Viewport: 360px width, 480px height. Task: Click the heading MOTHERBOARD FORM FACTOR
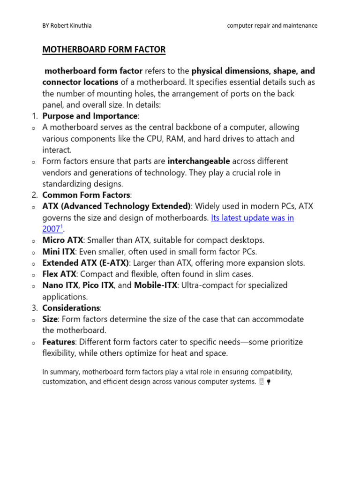point(104,49)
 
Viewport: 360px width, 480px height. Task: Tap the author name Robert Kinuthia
point(72,26)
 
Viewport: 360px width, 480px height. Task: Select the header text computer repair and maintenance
point(272,26)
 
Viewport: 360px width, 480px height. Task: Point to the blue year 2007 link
point(52,229)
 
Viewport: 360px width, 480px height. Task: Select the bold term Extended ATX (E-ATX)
point(85,262)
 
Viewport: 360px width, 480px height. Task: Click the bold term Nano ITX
point(60,285)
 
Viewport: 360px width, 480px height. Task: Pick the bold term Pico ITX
point(98,285)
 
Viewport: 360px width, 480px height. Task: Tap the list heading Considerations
point(71,308)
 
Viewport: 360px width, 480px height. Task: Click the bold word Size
point(50,319)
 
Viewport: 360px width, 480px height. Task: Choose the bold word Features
point(59,342)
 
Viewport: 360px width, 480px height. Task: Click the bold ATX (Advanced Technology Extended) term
point(116,206)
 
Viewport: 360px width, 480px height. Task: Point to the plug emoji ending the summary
point(269,382)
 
